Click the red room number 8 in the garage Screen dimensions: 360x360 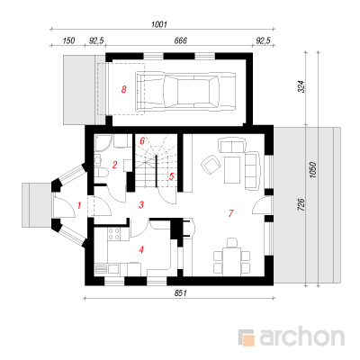pyautogui.click(x=123, y=89)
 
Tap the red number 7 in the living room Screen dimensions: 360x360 pyautogui.click(x=230, y=213)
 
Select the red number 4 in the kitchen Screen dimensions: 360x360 pyautogui.click(x=141, y=249)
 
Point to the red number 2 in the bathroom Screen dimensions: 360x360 pyautogui.click(x=114, y=165)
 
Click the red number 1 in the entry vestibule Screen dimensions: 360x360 pyautogui.click(x=79, y=205)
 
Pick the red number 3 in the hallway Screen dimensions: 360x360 pyautogui.click(x=141, y=205)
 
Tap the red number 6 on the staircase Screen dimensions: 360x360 pyautogui.click(x=142, y=140)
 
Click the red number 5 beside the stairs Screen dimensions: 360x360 pyautogui.click(x=171, y=176)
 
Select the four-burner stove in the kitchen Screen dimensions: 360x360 pyautogui.click(x=113, y=234)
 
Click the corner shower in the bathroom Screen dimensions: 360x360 pyautogui.click(x=103, y=142)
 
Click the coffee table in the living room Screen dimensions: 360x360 pyautogui.click(x=232, y=170)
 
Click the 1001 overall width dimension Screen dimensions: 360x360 pyautogui.click(x=159, y=24)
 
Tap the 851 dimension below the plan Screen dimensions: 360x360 pyautogui.click(x=181, y=293)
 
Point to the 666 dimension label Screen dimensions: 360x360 pyautogui.click(x=181, y=40)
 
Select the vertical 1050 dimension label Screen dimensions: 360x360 pyautogui.click(x=313, y=170)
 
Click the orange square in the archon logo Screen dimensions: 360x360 pyautogui.click(x=248, y=339)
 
